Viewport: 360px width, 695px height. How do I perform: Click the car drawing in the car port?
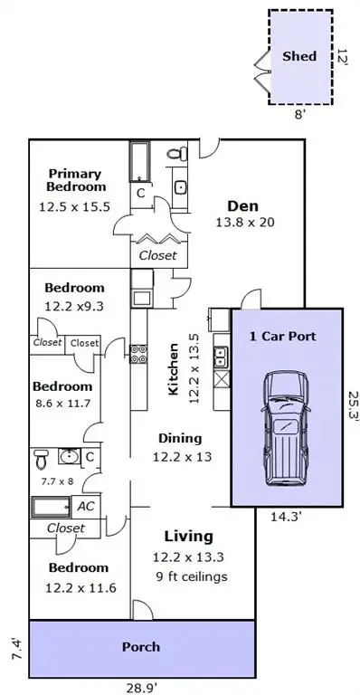(x=286, y=429)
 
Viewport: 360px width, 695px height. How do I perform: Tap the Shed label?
(x=299, y=56)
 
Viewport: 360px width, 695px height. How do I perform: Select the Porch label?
(x=141, y=647)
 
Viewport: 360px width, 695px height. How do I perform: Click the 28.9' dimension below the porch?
(x=142, y=688)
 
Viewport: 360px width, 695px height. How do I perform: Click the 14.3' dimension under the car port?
(x=287, y=516)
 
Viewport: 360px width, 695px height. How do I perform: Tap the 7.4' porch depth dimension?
(x=17, y=649)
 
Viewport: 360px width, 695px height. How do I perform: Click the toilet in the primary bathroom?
(x=177, y=154)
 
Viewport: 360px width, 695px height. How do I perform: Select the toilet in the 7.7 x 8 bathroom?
(x=42, y=459)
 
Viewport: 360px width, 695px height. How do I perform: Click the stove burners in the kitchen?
(x=138, y=354)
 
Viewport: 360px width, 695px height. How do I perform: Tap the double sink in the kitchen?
(x=221, y=357)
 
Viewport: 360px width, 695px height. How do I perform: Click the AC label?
(x=86, y=506)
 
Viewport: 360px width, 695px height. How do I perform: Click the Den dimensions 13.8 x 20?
(x=245, y=222)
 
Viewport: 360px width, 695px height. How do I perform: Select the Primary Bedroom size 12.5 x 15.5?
(x=74, y=206)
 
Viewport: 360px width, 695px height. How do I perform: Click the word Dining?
(x=180, y=438)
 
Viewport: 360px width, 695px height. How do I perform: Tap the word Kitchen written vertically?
(x=173, y=369)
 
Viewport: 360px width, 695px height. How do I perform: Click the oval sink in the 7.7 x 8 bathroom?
(x=69, y=456)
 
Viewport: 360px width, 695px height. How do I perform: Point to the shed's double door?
(x=262, y=71)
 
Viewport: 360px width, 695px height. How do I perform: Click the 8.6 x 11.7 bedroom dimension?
(x=63, y=404)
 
